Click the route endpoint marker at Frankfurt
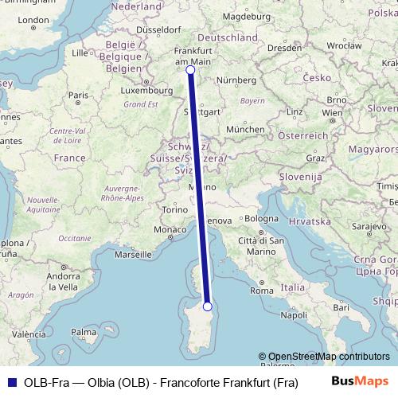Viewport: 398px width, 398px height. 190,70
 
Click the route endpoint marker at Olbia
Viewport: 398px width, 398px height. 207,306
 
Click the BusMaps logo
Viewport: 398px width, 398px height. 359,382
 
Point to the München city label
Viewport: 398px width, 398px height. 245,129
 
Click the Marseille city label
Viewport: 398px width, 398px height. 133,255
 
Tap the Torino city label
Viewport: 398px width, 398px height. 174,209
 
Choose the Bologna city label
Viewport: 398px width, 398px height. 262,217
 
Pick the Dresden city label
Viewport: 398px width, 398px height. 284,48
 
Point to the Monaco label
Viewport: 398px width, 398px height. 168,230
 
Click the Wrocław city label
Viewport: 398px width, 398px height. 344,46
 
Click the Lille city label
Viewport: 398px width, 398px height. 79,53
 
